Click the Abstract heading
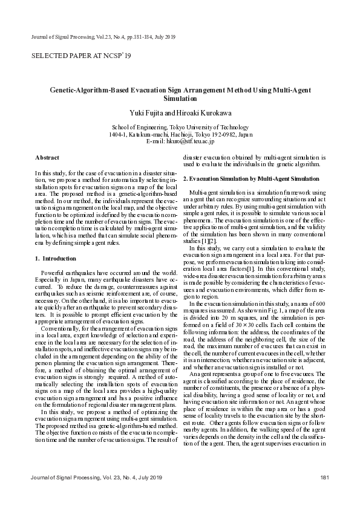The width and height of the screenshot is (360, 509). tap(47, 157)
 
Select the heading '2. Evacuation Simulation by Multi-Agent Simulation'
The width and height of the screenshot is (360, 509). tap(250, 179)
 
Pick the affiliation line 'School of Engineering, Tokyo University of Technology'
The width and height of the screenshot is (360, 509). tap(180, 127)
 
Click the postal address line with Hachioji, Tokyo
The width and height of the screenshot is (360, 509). tap(180, 134)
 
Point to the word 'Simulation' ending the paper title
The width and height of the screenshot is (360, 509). tap(180, 98)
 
